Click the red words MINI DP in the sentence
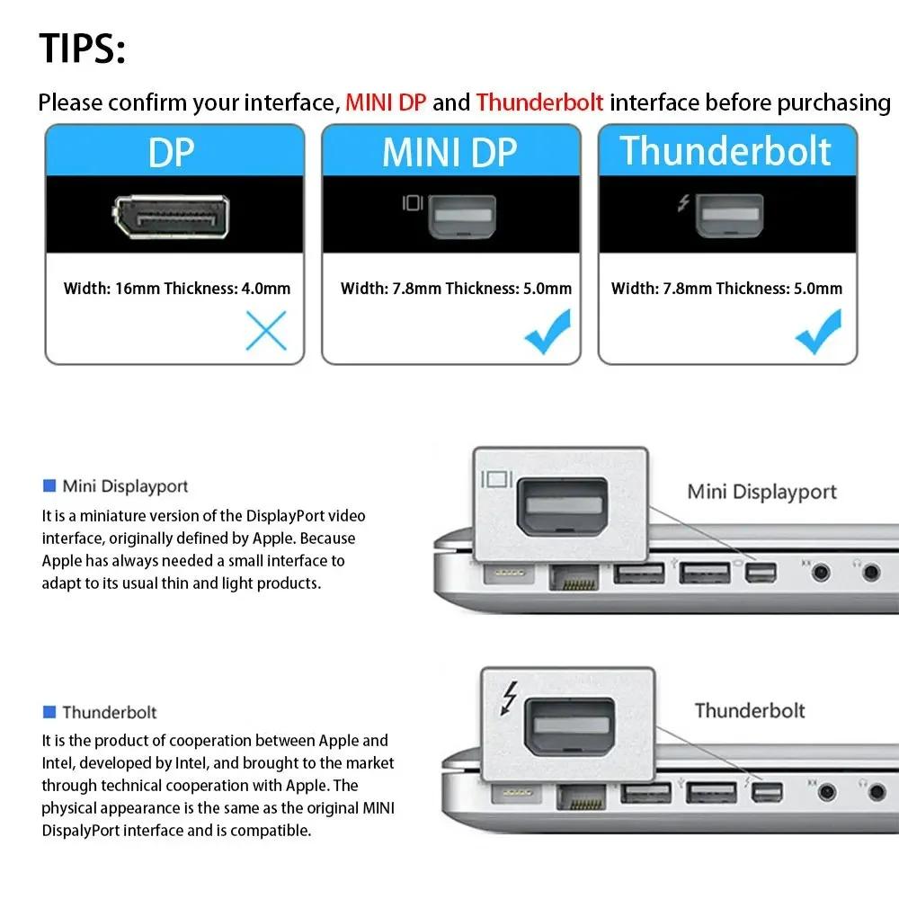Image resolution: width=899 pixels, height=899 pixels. [387, 102]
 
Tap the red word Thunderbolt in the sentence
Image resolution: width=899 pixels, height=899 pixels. [539, 102]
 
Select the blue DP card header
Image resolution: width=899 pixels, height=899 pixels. [175, 151]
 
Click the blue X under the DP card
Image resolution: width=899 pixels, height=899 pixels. [266, 331]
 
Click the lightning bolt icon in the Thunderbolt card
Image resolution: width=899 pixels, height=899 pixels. [684, 203]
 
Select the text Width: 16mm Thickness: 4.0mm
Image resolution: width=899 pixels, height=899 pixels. [177, 289]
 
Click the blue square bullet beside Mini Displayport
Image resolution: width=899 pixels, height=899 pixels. [49, 486]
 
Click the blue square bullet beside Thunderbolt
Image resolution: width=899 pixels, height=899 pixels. [49, 712]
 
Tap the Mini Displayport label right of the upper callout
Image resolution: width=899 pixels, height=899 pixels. [761, 492]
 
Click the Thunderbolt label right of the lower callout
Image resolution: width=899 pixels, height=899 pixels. [749, 710]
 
